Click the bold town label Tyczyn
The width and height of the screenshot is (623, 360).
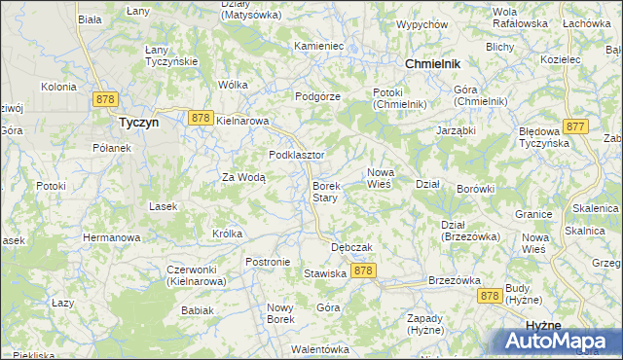tap(137, 124)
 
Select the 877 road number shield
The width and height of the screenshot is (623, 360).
tap(575, 126)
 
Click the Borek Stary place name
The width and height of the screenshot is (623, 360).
tap(325, 192)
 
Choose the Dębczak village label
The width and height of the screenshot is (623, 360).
tap(352, 247)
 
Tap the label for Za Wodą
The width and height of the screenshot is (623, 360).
tap(243, 177)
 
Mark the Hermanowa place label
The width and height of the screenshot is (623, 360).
tap(112, 237)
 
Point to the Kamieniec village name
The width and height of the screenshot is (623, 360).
tap(319, 46)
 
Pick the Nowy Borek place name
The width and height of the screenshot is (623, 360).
tap(280, 313)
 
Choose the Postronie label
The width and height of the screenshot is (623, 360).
tap(268, 262)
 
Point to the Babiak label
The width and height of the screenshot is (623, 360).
tap(197, 310)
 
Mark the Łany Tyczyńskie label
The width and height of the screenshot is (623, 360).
tap(171, 55)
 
